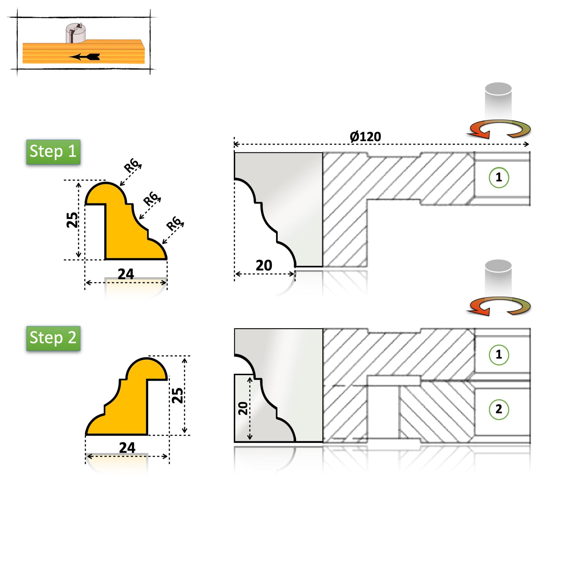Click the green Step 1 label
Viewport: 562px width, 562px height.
pos(53,152)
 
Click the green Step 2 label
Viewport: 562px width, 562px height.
pos(53,338)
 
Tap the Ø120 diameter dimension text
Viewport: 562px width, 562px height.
pos(365,137)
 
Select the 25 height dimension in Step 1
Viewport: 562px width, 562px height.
pos(72,220)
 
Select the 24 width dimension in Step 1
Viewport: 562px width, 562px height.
pos(126,274)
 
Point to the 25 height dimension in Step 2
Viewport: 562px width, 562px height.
pos(178,395)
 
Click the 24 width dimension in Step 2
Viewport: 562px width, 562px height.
pos(127,448)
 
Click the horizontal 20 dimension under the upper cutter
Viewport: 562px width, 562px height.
pos(264,265)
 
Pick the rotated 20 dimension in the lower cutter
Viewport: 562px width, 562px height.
pos(243,408)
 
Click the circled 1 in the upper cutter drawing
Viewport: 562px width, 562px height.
pos(499,177)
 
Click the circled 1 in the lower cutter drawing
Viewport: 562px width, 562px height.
pos(499,354)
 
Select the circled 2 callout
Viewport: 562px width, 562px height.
pos(499,409)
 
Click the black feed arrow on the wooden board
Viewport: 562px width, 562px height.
pos(84,57)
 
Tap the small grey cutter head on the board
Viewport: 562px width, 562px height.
pos(75,33)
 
